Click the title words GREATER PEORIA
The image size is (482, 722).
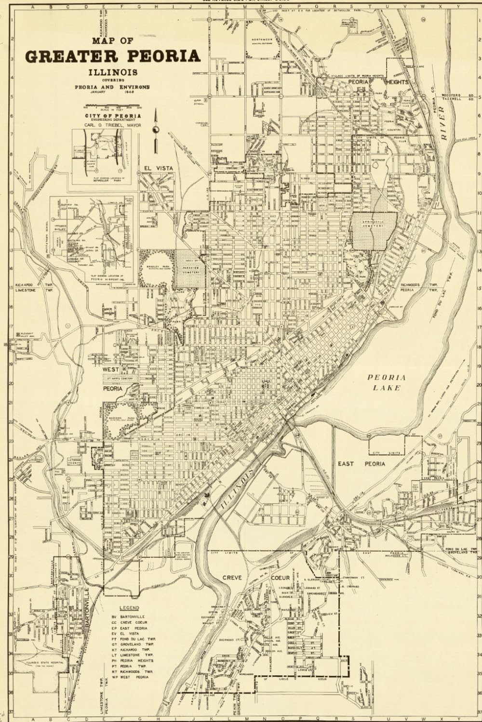click(112, 55)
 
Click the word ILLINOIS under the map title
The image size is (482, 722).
click(112, 72)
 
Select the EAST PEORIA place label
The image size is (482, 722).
click(368, 464)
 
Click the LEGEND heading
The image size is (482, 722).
click(129, 608)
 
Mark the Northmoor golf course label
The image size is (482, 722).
click(264, 41)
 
